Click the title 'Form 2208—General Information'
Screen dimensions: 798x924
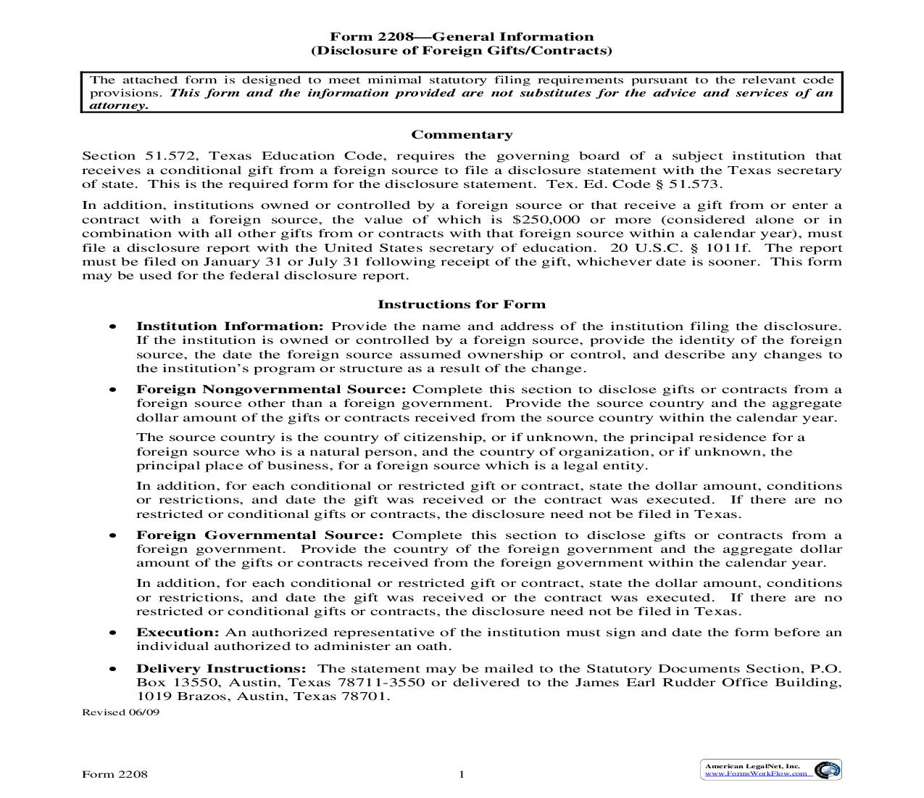[462, 37]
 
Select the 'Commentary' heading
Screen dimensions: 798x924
[462, 135]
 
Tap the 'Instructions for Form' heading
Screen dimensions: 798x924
[462, 305]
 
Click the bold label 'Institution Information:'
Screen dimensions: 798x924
[230, 326]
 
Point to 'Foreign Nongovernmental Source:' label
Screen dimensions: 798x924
[271, 390]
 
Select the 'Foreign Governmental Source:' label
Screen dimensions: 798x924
[260, 535]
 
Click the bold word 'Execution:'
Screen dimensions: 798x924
[178, 633]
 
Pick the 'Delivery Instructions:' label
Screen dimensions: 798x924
[221, 669]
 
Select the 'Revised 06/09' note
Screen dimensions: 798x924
[120, 712]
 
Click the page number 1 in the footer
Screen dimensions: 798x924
[461, 774]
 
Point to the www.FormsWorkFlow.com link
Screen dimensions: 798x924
[756, 773]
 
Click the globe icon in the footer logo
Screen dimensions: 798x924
[825, 770]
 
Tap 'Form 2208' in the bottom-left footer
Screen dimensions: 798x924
[115, 774]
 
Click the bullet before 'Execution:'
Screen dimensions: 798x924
[112, 633]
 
